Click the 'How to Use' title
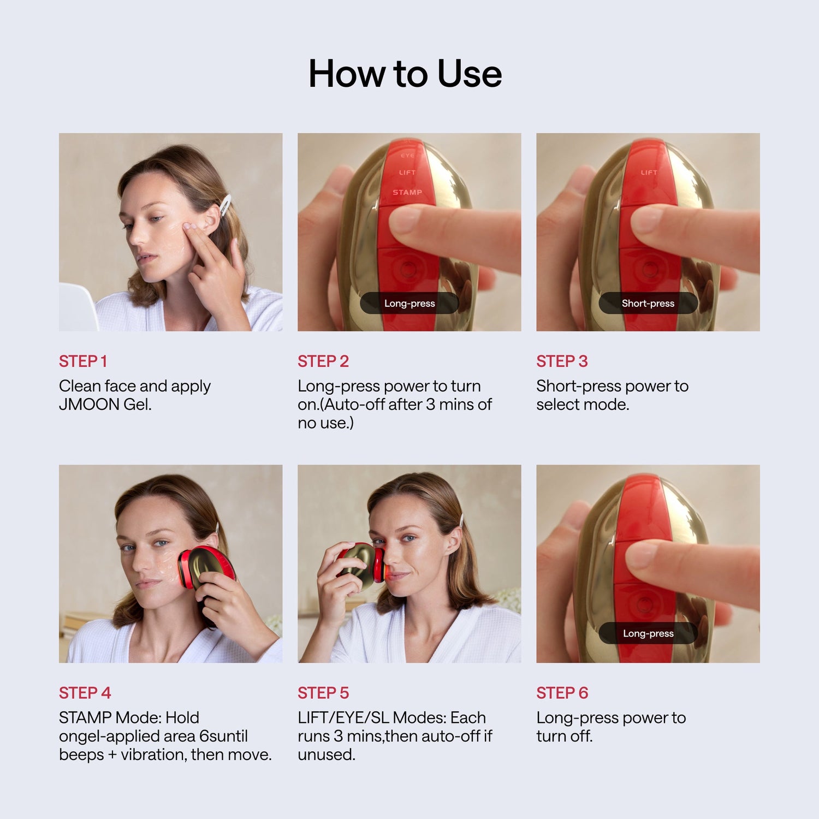(405, 74)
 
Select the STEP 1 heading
(83, 361)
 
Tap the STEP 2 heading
(323, 361)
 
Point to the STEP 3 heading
(562, 361)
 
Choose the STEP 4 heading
(85, 693)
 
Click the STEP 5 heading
(323, 693)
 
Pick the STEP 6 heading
(562, 693)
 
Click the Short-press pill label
(648, 303)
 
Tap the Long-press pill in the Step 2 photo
(410, 303)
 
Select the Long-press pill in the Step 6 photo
(648, 633)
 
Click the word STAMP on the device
(407, 192)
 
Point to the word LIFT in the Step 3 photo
(649, 173)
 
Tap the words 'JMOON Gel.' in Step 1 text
(105, 405)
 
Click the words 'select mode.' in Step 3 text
(583, 405)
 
